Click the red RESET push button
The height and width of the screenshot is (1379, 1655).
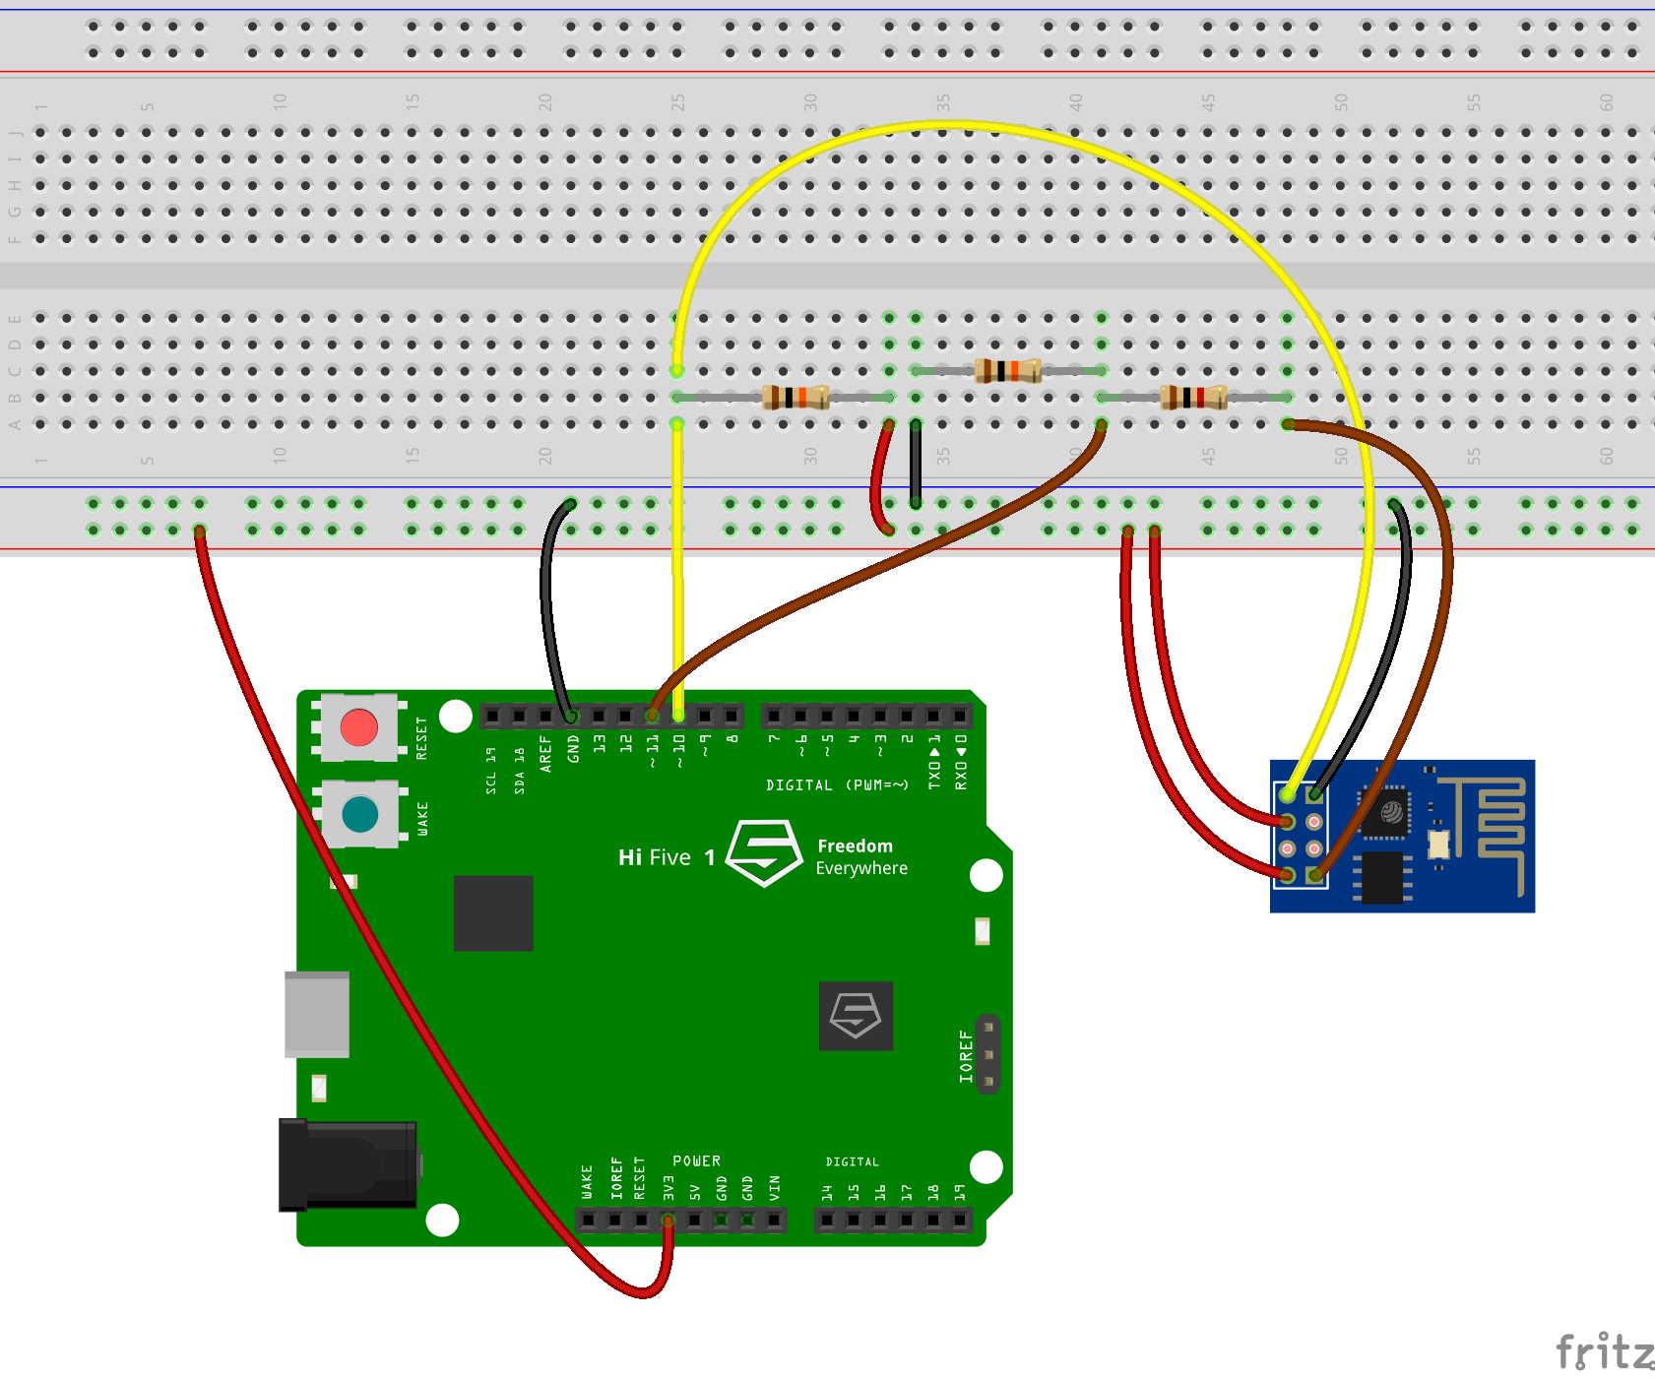point(358,727)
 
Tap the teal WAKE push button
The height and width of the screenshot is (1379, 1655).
point(359,814)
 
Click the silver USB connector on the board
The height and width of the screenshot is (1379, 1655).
point(317,1014)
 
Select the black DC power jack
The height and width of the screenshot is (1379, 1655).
point(347,1164)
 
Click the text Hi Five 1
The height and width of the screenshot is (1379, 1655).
point(667,857)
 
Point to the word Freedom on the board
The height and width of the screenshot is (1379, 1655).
point(855,846)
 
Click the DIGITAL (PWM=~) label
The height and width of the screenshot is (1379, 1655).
point(837,784)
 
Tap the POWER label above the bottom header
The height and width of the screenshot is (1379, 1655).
point(696,1160)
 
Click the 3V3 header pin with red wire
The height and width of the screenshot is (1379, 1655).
point(668,1221)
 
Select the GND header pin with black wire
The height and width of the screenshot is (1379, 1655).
point(571,716)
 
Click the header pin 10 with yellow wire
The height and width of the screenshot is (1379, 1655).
point(678,716)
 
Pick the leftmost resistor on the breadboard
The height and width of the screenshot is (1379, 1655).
point(796,398)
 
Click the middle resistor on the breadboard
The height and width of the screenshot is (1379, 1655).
point(1007,371)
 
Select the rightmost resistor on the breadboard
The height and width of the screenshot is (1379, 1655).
point(1193,398)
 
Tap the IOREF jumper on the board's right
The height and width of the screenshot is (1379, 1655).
point(988,1054)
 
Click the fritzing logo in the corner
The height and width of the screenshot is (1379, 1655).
point(1603,1351)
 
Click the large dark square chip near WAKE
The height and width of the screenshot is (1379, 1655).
point(493,912)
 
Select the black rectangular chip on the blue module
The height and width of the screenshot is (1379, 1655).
point(1382,877)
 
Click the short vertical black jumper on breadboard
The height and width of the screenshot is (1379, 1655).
point(916,463)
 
